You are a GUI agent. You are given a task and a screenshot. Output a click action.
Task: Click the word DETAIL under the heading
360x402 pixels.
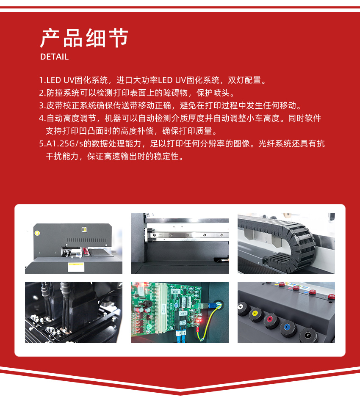[x=54, y=57]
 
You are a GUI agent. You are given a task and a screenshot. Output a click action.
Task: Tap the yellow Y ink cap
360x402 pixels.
[x=255, y=313]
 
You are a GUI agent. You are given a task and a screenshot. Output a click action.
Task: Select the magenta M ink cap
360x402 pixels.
[x=270, y=320]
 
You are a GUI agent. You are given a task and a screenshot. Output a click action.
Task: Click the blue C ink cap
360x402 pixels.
[x=288, y=327]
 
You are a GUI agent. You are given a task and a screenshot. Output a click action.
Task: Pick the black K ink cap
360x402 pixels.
[x=308, y=335]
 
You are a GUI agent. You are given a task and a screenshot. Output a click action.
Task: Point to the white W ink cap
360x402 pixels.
[x=241, y=307]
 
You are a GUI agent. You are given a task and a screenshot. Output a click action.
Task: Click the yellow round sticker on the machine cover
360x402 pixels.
[x=37, y=233]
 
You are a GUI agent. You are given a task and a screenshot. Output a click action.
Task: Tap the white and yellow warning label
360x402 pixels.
[x=76, y=267]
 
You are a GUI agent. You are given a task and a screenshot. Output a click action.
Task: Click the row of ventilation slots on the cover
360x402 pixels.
[x=86, y=240]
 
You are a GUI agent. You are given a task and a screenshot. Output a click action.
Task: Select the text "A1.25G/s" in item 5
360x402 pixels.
[x=65, y=143]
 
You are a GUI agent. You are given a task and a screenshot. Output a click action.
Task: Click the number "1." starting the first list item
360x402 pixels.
[x=42, y=80]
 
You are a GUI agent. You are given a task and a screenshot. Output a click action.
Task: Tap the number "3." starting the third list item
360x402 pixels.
[x=42, y=105]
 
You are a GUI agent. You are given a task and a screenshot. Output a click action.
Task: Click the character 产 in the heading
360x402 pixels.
[x=50, y=38]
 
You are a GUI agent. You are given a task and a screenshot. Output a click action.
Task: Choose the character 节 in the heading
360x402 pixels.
[x=118, y=38]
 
